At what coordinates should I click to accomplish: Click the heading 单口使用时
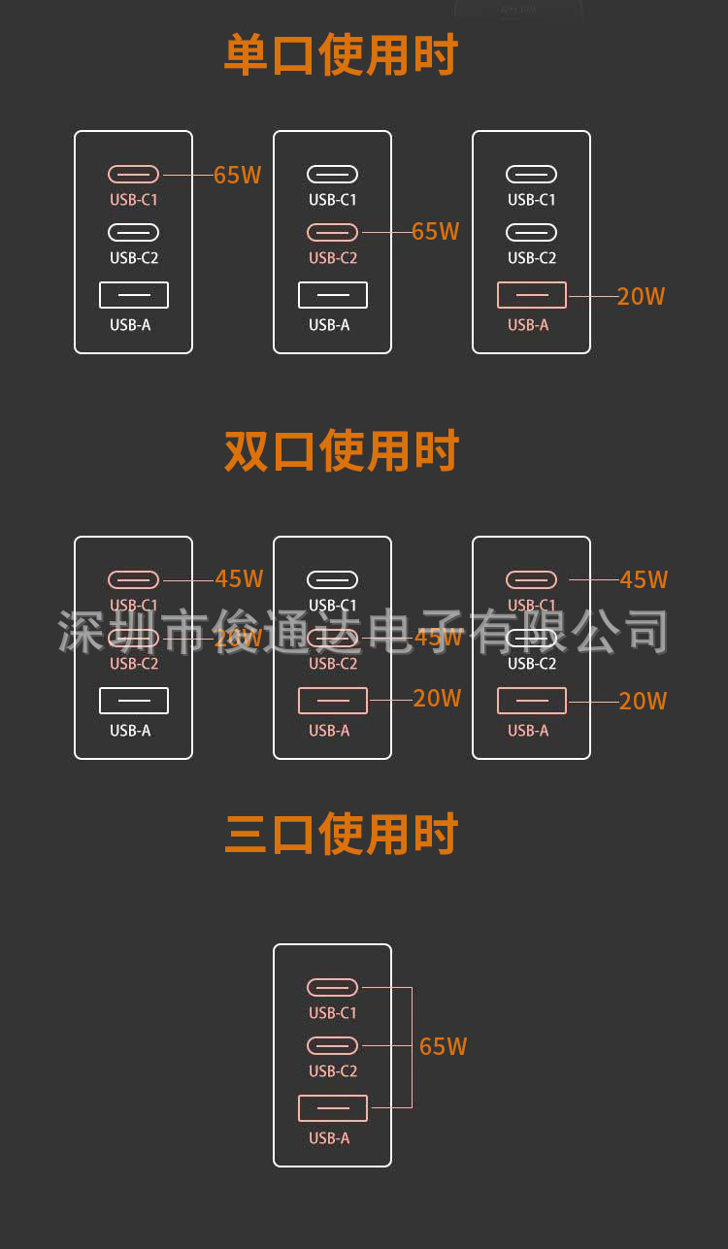pos(341,55)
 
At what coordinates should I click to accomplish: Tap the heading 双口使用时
pos(341,451)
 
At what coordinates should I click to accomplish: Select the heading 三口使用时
pos(341,835)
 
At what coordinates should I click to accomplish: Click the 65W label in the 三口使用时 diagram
pos(444,1046)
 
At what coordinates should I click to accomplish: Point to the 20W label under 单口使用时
pos(642,297)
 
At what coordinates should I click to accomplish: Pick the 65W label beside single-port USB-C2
pos(436,232)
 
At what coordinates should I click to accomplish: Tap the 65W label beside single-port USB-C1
pos(238,176)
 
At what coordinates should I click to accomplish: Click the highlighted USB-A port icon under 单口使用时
pos(531,295)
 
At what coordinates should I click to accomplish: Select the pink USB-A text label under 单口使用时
pos(528,325)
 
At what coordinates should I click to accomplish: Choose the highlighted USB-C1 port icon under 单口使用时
pos(134,175)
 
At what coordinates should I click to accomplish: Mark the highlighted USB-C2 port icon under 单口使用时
pos(333,233)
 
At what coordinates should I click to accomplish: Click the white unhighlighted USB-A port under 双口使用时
pos(134,701)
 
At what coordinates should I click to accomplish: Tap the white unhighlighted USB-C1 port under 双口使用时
pos(333,580)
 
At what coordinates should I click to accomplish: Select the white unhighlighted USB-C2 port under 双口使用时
pos(531,639)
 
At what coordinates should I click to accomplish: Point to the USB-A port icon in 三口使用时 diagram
pos(333,1108)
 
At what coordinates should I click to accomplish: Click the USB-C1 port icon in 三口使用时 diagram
pos(333,988)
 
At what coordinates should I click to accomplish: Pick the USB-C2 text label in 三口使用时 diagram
pos(333,1071)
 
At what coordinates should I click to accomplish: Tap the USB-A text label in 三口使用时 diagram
pos(329,1138)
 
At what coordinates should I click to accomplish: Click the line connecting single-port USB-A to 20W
pos(592,295)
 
